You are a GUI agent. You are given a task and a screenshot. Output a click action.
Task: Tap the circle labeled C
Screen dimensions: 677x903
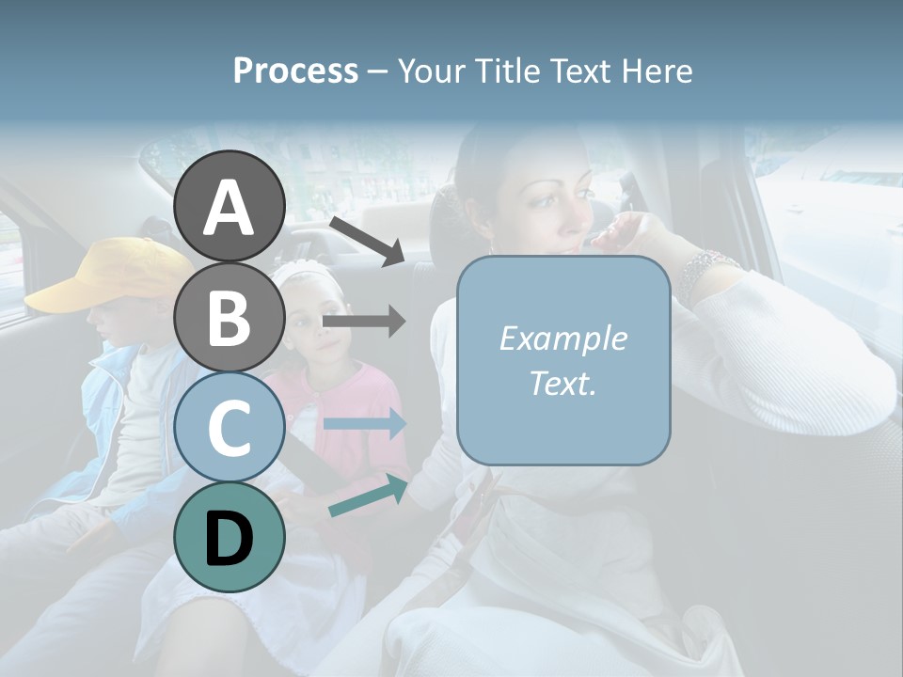pyautogui.click(x=230, y=427)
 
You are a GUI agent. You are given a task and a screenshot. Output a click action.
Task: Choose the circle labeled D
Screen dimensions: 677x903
pyautogui.click(x=230, y=537)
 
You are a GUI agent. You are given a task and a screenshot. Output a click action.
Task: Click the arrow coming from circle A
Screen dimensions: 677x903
pyautogui.click(x=367, y=241)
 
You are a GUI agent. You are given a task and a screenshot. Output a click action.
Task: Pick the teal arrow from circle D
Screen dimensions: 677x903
pyautogui.click(x=368, y=496)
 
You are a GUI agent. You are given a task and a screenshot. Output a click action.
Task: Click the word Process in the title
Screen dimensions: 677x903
pyautogui.click(x=295, y=71)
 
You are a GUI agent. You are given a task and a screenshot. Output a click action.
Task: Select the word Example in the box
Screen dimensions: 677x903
pyautogui.click(x=562, y=338)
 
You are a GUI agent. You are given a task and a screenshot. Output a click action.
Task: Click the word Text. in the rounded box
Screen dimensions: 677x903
pyautogui.click(x=562, y=384)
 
